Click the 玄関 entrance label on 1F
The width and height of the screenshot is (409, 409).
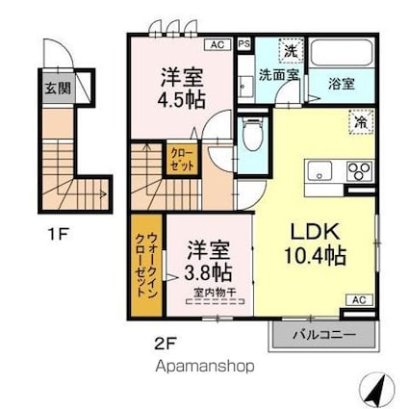pos(58,88)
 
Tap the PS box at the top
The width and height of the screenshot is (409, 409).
pos(244,44)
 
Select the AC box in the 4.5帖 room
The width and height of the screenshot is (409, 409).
pos(217,44)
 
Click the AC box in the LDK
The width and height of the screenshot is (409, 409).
pos(359,300)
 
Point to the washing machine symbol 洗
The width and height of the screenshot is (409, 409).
pos(292,50)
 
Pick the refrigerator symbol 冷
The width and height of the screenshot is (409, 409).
pos(361,121)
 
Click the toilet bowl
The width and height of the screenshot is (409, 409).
pos(252,134)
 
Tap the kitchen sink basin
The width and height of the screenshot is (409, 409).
pos(320,171)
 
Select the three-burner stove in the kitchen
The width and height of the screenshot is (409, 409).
pos(359,171)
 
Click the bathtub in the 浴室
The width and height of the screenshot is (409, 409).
pos(342,53)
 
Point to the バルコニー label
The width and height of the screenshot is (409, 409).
pos(324,335)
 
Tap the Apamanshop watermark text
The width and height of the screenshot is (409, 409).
pos(205,366)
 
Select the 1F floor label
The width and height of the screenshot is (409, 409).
pos(58,234)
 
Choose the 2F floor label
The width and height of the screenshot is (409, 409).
pos(166,344)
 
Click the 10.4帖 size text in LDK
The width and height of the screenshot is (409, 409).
pos(315,256)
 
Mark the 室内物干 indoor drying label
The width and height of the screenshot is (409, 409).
pos(216,293)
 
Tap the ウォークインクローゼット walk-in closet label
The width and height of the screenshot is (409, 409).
pos(146,265)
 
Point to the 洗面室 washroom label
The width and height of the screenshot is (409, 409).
pos(279,75)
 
